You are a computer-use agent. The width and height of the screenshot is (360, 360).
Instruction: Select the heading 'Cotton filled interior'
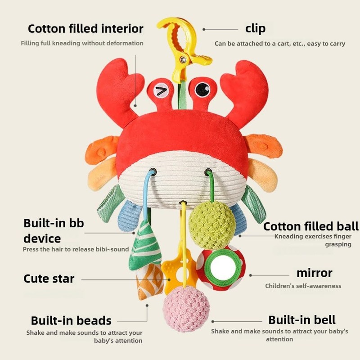(85, 29)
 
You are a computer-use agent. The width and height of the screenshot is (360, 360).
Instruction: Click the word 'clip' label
(255, 28)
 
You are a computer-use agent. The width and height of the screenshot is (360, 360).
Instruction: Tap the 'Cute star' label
(49, 279)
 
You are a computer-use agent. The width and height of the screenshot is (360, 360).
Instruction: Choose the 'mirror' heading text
(314, 273)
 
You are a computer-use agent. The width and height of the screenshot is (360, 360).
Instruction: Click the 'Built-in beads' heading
(71, 320)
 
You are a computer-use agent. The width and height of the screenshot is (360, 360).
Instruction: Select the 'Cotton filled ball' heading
(311, 226)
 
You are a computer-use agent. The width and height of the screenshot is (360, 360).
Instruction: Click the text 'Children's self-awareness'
(303, 286)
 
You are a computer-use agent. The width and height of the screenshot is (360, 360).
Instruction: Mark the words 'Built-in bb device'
(54, 230)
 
